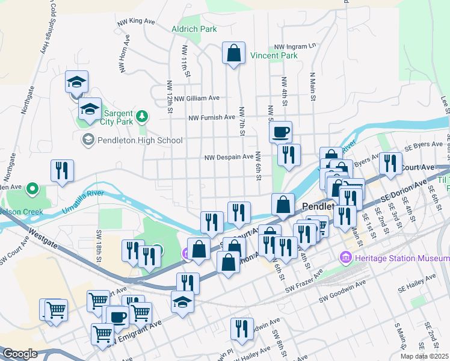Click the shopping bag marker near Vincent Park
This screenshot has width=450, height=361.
[233, 54]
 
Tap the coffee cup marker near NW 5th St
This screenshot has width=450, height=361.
[281, 132]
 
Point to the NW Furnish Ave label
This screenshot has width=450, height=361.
[212, 118]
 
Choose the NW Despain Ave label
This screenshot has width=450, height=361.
[229, 157]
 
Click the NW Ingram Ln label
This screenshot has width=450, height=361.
[295, 46]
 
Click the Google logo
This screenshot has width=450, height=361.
[20, 354]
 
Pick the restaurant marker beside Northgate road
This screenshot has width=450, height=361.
[62, 171]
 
